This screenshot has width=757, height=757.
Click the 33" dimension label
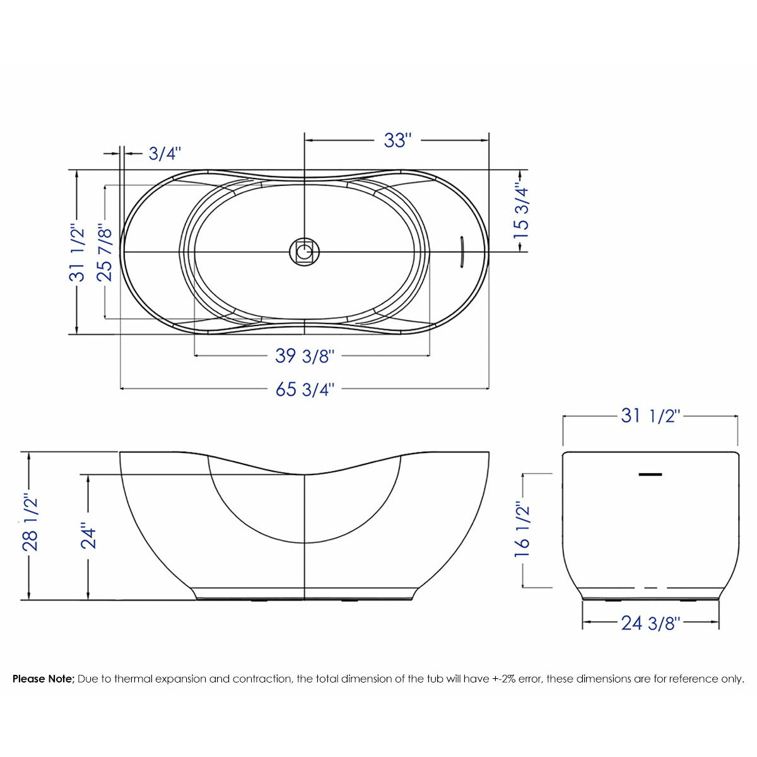[x=397, y=140]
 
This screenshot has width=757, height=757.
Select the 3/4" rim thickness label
[x=165, y=153]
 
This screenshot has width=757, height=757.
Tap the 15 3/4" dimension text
[x=521, y=210]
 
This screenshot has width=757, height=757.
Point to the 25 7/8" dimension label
[x=105, y=252]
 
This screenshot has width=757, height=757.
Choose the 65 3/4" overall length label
[x=304, y=389]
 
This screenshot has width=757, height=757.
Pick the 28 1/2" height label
[x=30, y=523]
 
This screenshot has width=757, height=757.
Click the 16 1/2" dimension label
[x=522, y=529]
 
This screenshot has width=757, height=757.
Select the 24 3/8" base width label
[x=650, y=623]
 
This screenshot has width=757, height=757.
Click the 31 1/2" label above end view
[x=650, y=416]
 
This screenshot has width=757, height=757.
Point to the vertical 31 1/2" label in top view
[x=77, y=252]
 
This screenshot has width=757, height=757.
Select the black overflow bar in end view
[x=650, y=474]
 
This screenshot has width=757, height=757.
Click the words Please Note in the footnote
[x=44, y=679]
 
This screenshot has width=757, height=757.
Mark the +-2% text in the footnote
[x=504, y=679]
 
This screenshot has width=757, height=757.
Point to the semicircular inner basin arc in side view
[x=305, y=543]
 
